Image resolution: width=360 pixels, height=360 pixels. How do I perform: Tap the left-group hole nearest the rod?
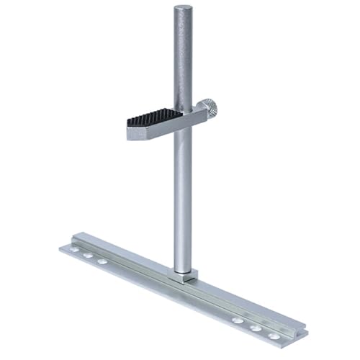102,261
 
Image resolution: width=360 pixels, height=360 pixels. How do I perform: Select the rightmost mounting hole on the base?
274,336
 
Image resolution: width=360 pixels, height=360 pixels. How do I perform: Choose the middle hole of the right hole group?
256,328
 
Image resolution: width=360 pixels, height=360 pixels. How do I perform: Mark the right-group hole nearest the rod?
238,320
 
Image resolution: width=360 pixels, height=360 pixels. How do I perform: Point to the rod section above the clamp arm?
183,58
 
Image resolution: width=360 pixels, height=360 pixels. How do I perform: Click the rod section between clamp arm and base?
183,202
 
